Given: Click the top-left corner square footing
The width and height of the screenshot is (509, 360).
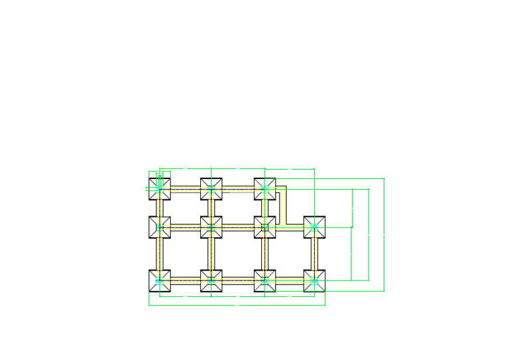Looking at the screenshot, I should click(160, 188).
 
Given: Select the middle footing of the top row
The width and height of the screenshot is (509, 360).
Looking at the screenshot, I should click(211, 188).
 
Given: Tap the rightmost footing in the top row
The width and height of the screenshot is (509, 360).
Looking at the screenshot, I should click(264, 188).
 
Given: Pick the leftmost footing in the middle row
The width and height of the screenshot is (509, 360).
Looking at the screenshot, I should click(160, 227).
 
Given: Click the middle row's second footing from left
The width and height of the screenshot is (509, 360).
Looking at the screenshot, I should click(211, 227).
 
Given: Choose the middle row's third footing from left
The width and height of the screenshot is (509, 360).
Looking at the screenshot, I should click(264, 227).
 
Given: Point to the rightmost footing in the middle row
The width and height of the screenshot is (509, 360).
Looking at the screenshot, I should click(315, 227).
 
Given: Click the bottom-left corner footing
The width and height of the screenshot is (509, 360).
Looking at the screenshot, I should click(160, 280).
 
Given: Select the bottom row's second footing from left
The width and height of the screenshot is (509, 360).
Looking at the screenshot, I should click(211, 280).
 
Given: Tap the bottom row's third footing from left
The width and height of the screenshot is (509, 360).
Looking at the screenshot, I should click(264, 280).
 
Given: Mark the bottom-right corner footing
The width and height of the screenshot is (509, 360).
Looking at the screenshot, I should click(315, 280).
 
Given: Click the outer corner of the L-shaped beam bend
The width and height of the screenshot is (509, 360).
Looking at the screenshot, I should click(286, 186).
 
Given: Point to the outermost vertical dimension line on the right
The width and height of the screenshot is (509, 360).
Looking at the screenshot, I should click(384, 235).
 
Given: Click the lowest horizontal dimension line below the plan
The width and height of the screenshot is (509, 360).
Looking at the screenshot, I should click(237, 305).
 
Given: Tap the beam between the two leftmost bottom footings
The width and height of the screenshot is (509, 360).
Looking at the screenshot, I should click(186, 281).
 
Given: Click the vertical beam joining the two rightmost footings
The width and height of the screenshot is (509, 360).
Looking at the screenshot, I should click(315, 254).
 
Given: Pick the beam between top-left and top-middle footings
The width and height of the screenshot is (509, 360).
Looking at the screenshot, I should click(186, 189).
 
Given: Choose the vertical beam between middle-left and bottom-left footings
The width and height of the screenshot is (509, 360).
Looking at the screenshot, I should click(160, 254).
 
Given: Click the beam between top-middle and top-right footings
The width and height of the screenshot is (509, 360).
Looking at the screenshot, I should click(238, 189).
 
